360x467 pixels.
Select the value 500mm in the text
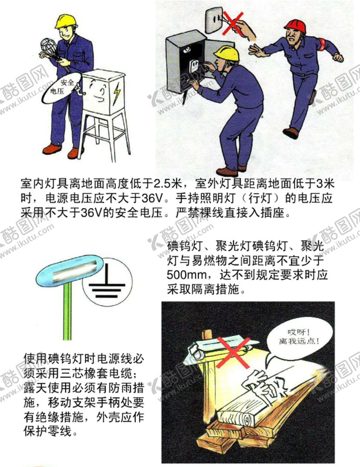pyautogui.click(x=184, y=275)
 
